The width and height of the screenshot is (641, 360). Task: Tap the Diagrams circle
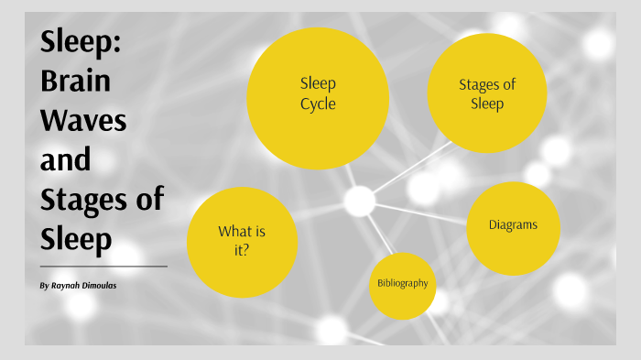pos(512,228)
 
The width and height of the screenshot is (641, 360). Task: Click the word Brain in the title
pos(75,81)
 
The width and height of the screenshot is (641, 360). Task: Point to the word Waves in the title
pos(83,120)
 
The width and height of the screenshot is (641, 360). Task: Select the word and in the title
pos(65,159)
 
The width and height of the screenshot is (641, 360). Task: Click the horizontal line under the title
pos(103,266)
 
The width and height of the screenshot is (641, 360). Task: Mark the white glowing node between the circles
pos(359,200)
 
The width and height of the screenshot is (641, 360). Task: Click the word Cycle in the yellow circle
pos(318,104)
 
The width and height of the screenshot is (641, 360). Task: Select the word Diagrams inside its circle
pos(512,224)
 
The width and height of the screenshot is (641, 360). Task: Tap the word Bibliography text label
pos(402,283)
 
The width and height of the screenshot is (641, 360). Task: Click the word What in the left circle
pos(234,231)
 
